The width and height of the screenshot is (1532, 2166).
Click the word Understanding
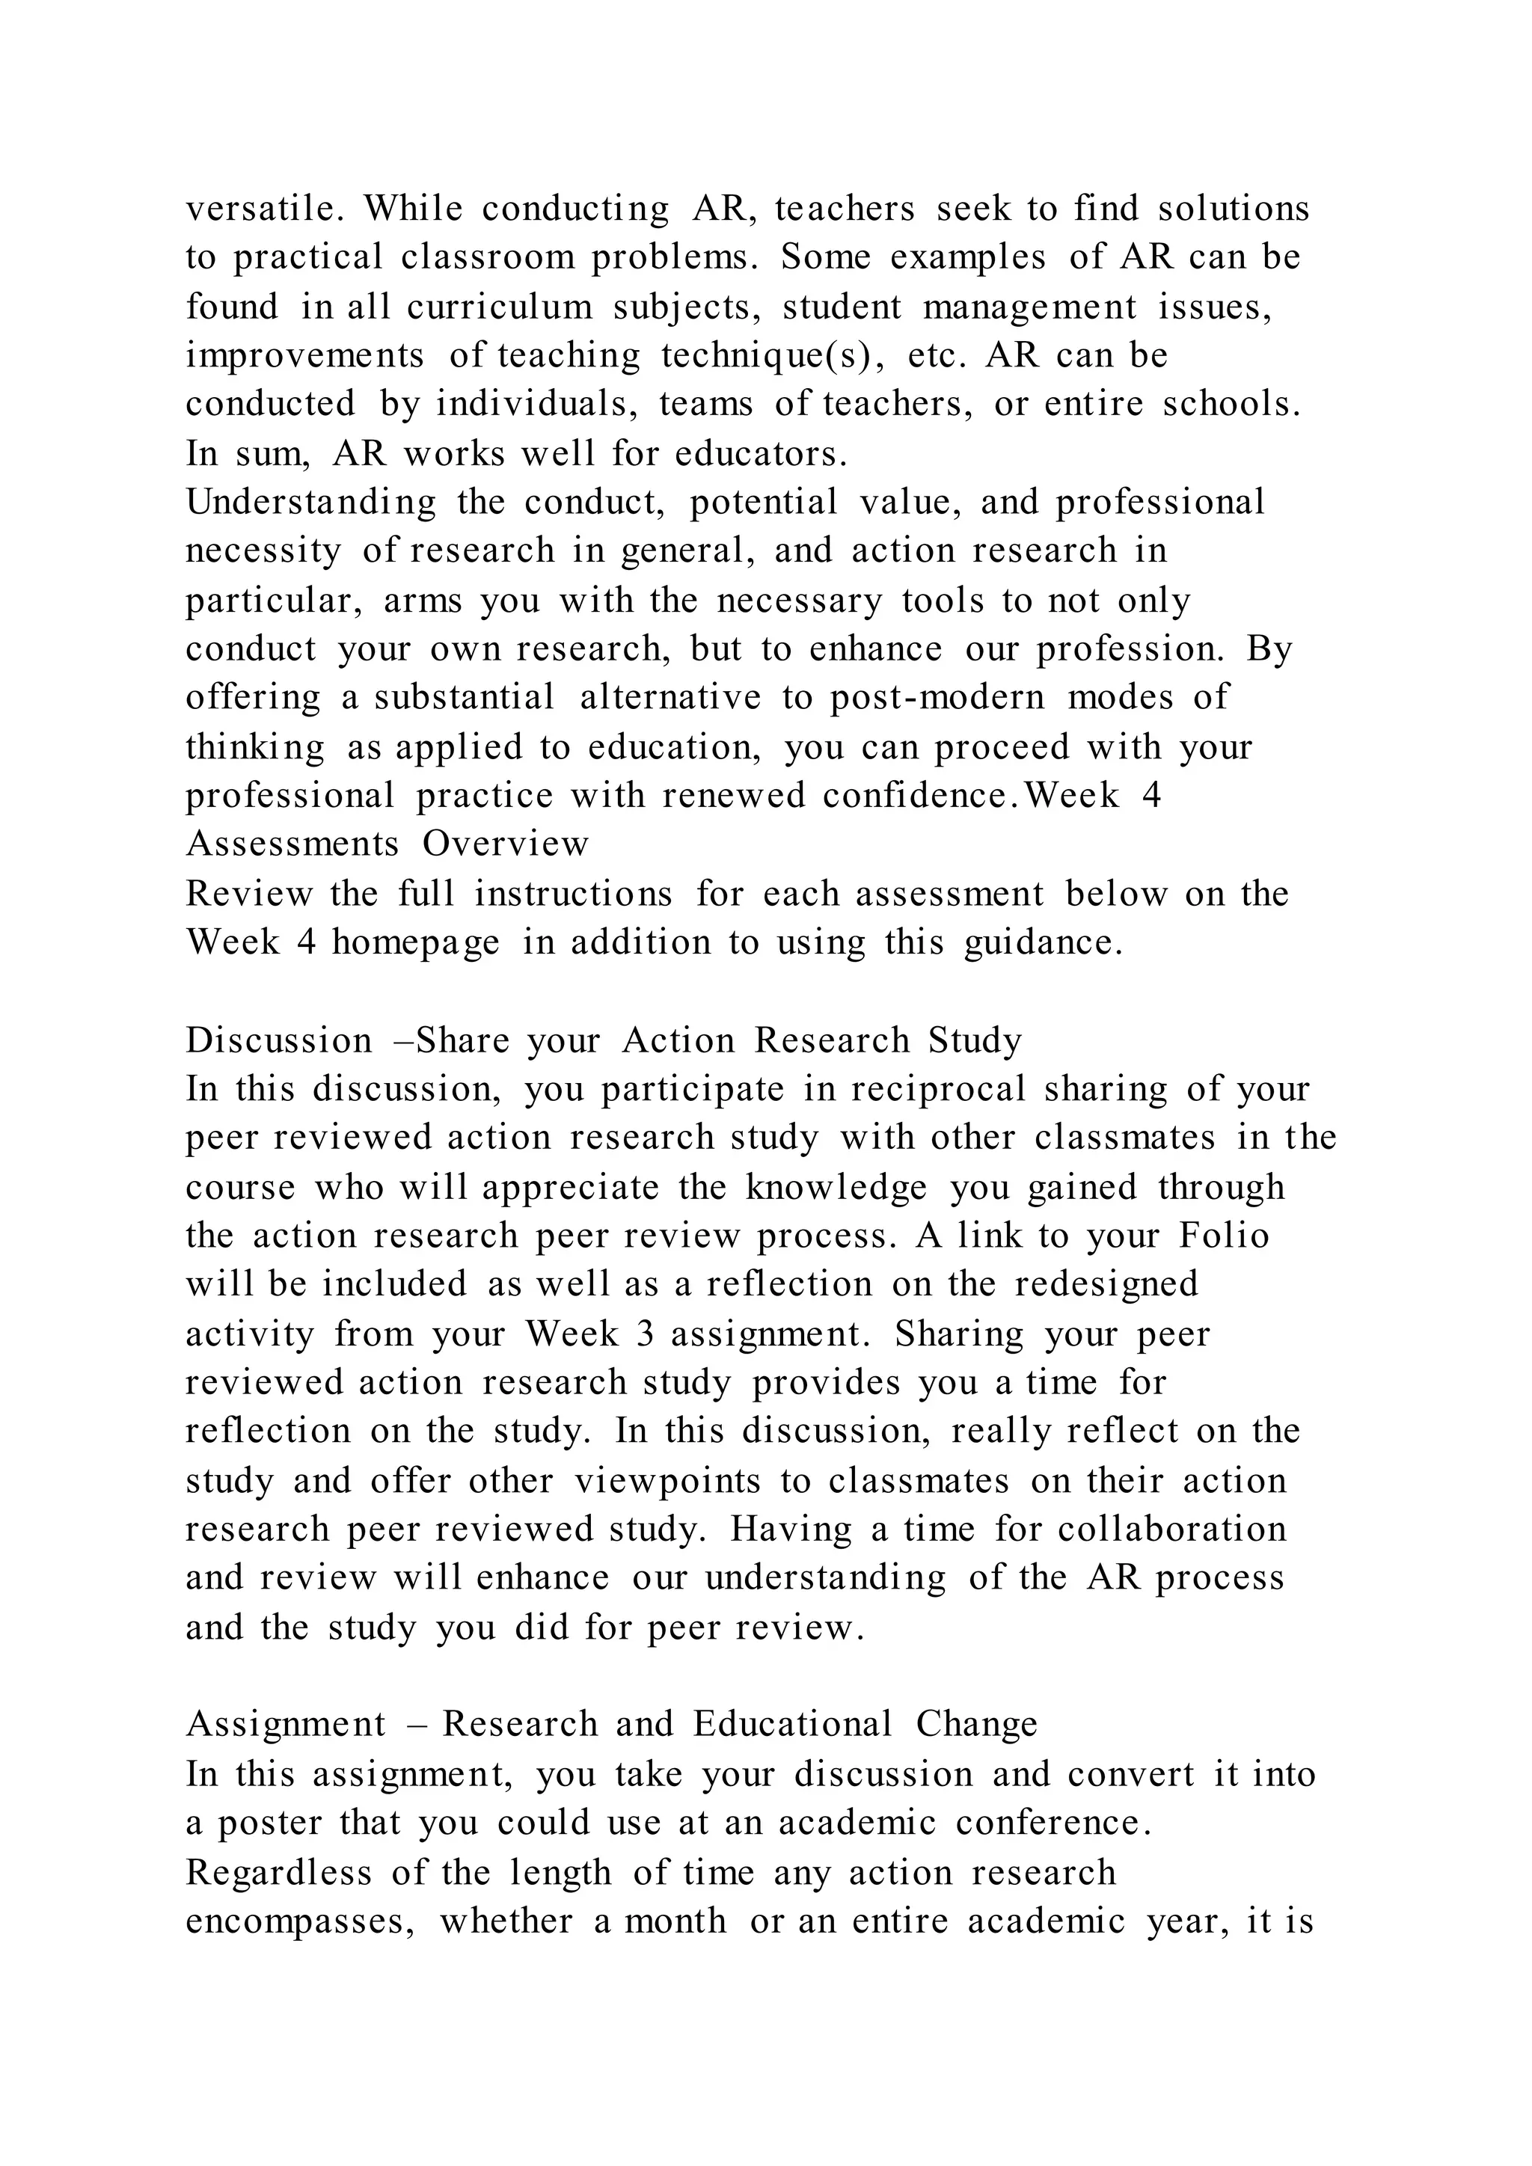pos(310,503)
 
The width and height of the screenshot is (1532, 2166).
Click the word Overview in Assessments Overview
pos(505,844)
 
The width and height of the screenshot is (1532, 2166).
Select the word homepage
pos(415,942)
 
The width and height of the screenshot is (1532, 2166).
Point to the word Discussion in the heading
pos(278,1040)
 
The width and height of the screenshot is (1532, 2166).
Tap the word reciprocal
pos(937,1090)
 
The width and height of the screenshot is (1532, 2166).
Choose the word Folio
pos(1224,1236)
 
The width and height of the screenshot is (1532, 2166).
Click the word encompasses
pos(301,1921)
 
